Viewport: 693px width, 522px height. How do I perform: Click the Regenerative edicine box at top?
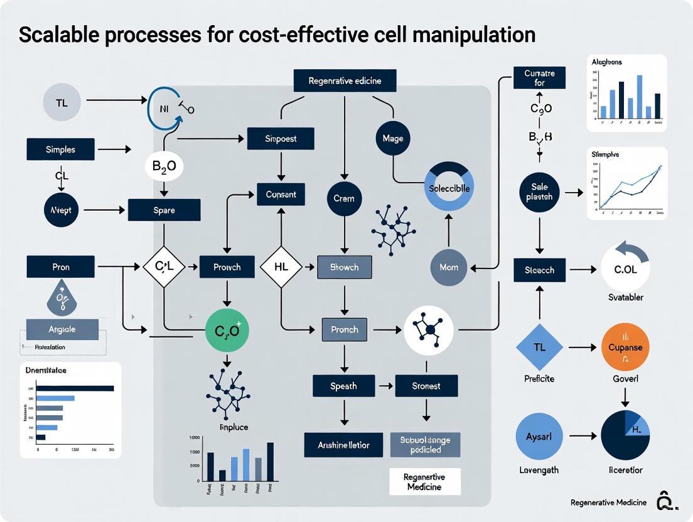click(x=345, y=81)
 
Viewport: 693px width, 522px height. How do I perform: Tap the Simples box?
click(x=60, y=150)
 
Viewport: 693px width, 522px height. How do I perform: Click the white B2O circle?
click(x=164, y=167)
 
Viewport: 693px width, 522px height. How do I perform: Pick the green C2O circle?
click(x=227, y=330)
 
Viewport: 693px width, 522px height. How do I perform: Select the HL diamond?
click(x=281, y=267)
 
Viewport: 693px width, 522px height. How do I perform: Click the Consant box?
click(x=281, y=194)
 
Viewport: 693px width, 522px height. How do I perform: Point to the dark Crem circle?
click(x=344, y=198)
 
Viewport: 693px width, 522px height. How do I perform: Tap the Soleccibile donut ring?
click(x=448, y=188)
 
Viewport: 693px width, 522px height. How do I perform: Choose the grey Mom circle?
click(x=449, y=267)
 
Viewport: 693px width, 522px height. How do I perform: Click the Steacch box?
click(x=539, y=269)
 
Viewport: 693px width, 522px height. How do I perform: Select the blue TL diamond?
click(x=539, y=347)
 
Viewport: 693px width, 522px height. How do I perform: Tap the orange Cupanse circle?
click(x=625, y=347)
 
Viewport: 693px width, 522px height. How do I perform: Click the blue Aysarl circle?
click(x=539, y=436)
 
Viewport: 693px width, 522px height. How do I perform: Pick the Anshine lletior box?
click(x=344, y=445)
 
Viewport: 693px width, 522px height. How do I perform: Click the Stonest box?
click(x=426, y=386)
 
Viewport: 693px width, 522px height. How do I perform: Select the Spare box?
click(x=164, y=210)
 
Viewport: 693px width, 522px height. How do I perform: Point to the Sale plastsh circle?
click(x=539, y=191)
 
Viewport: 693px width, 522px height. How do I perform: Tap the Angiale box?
click(x=62, y=329)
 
